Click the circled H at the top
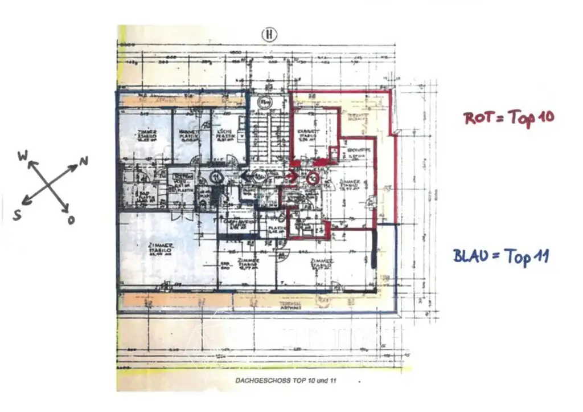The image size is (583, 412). click(268, 35)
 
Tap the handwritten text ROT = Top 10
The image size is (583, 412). click(509, 118)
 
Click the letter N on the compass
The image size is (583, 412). click(84, 162)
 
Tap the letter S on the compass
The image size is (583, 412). click(18, 216)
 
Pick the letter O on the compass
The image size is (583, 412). click(71, 220)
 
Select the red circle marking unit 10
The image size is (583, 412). click(312, 178)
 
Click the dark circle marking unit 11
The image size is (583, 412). click(217, 177)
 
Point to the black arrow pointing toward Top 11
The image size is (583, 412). click(245, 176)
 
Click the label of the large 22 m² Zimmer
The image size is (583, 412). click(153, 250)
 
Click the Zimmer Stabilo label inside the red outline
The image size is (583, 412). click(348, 185)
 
